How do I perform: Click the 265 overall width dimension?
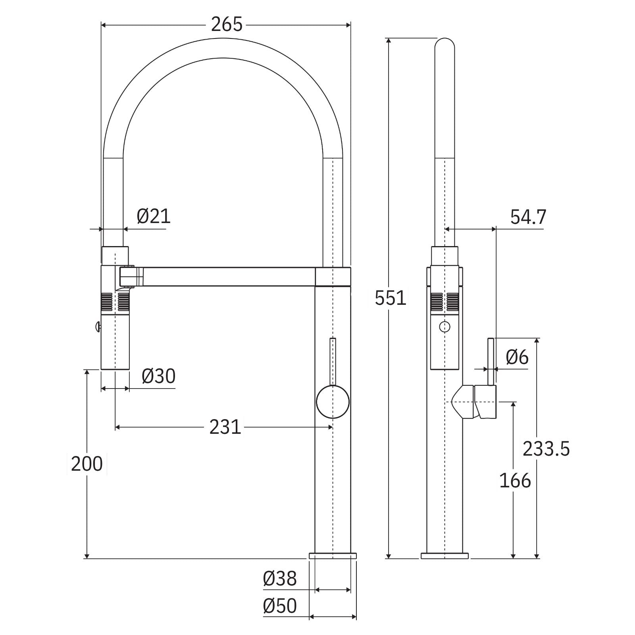(x=226, y=25)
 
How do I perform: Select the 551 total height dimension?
(x=391, y=298)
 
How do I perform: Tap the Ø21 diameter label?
(x=154, y=216)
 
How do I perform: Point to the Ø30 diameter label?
(x=158, y=376)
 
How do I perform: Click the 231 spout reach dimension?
(x=225, y=427)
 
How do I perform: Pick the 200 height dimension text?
(x=87, y=464)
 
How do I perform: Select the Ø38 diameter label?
(x=280, y=579)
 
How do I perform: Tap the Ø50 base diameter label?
(x=280, y=606)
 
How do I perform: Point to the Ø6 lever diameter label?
(x=517, y=358)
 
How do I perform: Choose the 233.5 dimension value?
(x=546, y=449)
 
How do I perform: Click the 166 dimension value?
(x=515, y=480)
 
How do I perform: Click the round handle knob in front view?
(x=333, y=402)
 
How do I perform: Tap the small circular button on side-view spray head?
(x=445, y=327)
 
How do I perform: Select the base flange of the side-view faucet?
(x=444, y=556)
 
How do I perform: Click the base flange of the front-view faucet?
(x=333, y=556)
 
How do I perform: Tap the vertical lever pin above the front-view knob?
(x=333, y=361)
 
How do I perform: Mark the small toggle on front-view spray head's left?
(x=97, y=327)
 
